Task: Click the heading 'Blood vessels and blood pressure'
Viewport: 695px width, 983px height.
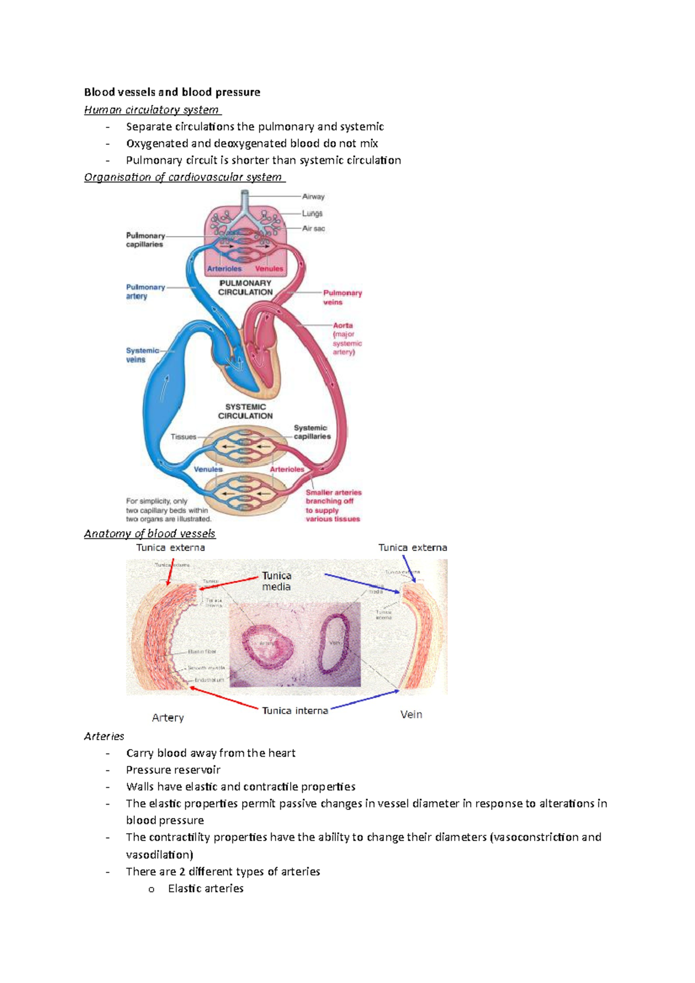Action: tap(172, 92)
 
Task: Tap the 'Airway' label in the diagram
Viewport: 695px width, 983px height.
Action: tap(313, 197)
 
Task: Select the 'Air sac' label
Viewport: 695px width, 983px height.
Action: tap(313, 229)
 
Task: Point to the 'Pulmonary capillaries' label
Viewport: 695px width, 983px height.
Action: tap(145, 240)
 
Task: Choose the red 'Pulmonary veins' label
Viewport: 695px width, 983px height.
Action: tap(342, 298)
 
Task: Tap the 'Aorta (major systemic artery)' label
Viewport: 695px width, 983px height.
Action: tap(346, 339)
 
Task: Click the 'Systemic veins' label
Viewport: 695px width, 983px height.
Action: tap(142, 355)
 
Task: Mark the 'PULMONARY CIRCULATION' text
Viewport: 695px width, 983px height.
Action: tap(245, 288)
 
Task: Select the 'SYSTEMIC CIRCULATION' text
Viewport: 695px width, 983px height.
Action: tap(245, 412)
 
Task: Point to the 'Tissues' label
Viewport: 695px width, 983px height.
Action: tap(183, 437)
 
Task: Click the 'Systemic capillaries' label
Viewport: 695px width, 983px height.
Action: tap(312, 432)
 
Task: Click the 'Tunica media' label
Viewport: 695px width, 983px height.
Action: tap(276, 581)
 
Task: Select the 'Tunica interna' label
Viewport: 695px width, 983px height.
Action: tap(295, 711)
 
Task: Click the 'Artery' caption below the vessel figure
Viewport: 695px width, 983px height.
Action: tap(168, 718)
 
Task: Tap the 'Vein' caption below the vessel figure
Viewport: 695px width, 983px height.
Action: tap(411, 715)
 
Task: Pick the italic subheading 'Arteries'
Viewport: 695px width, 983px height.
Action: tap(104, 736)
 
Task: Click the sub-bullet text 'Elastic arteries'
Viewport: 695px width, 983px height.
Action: tap(206, 889)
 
